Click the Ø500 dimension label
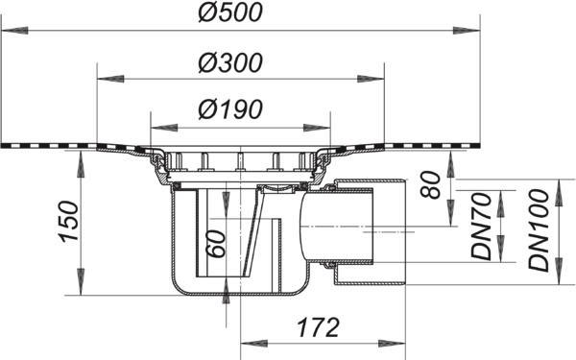point(230,12)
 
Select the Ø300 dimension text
point(230,62)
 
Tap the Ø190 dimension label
point(230,109)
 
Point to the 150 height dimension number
point(69,222)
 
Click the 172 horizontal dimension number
point(318,327)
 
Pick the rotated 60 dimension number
point(215,244)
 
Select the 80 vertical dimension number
point(430,184)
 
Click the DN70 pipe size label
point(481,227)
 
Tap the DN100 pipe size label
point(539,230)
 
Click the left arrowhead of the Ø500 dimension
point(14,31)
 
